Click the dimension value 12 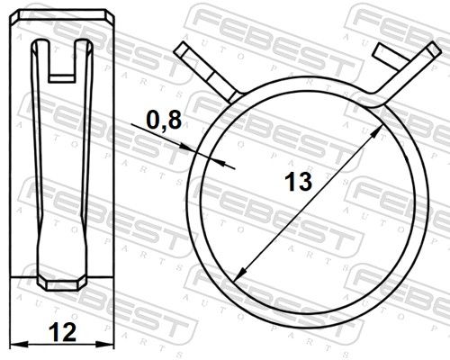[63, 332]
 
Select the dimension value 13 [298, 182]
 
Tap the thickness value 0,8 [164, 121]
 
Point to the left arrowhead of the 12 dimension [19, 344]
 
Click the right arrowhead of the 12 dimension [105, 344]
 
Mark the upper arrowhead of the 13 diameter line [377, 132]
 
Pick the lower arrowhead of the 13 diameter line [240, 274]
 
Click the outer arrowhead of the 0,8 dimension [187, 148]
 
